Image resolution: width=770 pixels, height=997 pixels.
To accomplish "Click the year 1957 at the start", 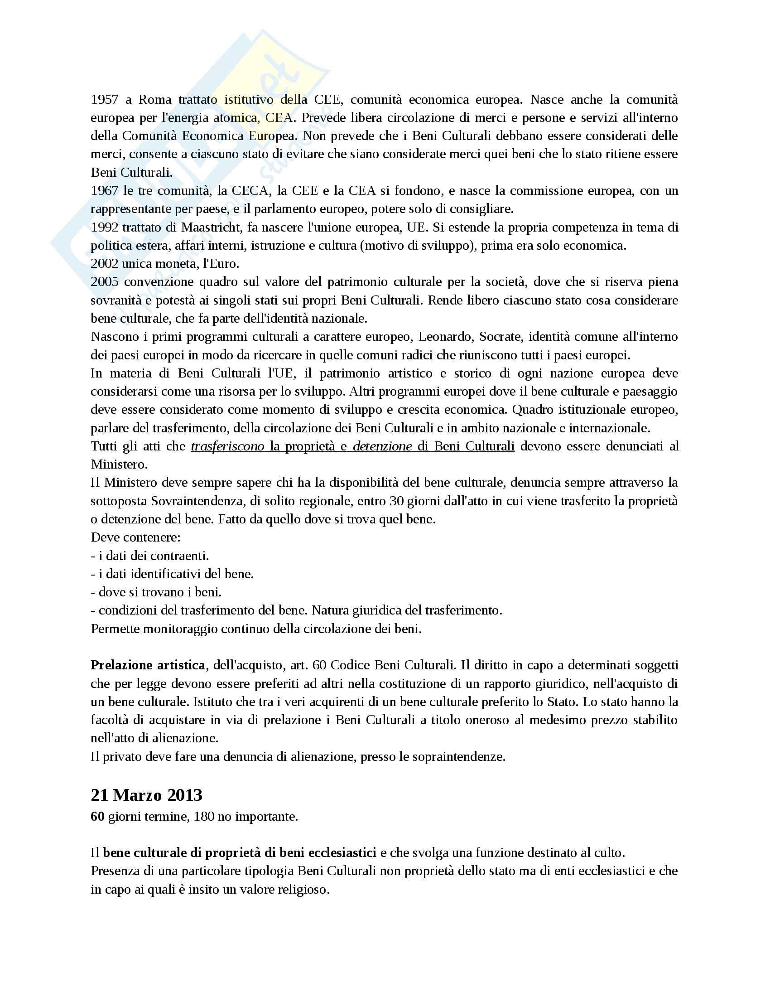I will tap(105, 100).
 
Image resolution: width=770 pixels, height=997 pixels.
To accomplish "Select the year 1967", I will tap(105, 190).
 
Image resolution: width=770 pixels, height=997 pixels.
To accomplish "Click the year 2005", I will tap(105, 282).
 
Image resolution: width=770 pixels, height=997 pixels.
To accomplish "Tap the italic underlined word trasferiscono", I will tap(227, 446).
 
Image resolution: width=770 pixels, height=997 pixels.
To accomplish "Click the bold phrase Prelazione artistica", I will tap(148, 665).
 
